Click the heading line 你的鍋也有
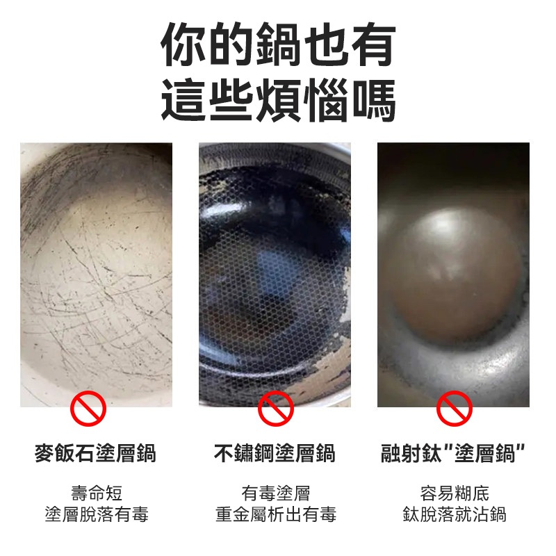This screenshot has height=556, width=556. tap(279, 44)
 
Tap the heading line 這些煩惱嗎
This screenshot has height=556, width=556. tap(279, 100)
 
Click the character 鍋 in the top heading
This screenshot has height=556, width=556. tap(279, 44)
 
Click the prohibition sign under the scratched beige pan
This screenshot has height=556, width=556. tap(88, 409)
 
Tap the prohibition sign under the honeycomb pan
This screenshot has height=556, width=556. tap(275, 409)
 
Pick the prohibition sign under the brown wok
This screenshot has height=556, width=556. tap(455, 409)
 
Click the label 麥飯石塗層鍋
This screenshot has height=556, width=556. tap(96, 454)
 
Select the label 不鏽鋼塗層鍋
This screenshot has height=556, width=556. tap(275, 454)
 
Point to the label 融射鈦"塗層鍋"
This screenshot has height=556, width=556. tap(453, 454)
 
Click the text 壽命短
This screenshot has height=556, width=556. tap(97, 493)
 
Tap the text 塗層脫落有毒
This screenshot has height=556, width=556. tap(97, 514)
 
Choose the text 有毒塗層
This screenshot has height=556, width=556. tap(275, 493)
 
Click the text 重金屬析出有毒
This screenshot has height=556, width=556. tap(275, 514)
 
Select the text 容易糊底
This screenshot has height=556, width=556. tap(455, 493)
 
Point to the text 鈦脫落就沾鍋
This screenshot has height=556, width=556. tap(455, 514)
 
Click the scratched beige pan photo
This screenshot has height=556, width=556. tap(96, 275)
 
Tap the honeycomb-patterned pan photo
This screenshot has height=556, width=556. tap(275, 275)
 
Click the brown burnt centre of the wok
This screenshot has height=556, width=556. tap(454, 273)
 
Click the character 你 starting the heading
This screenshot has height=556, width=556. tap(183, 44)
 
